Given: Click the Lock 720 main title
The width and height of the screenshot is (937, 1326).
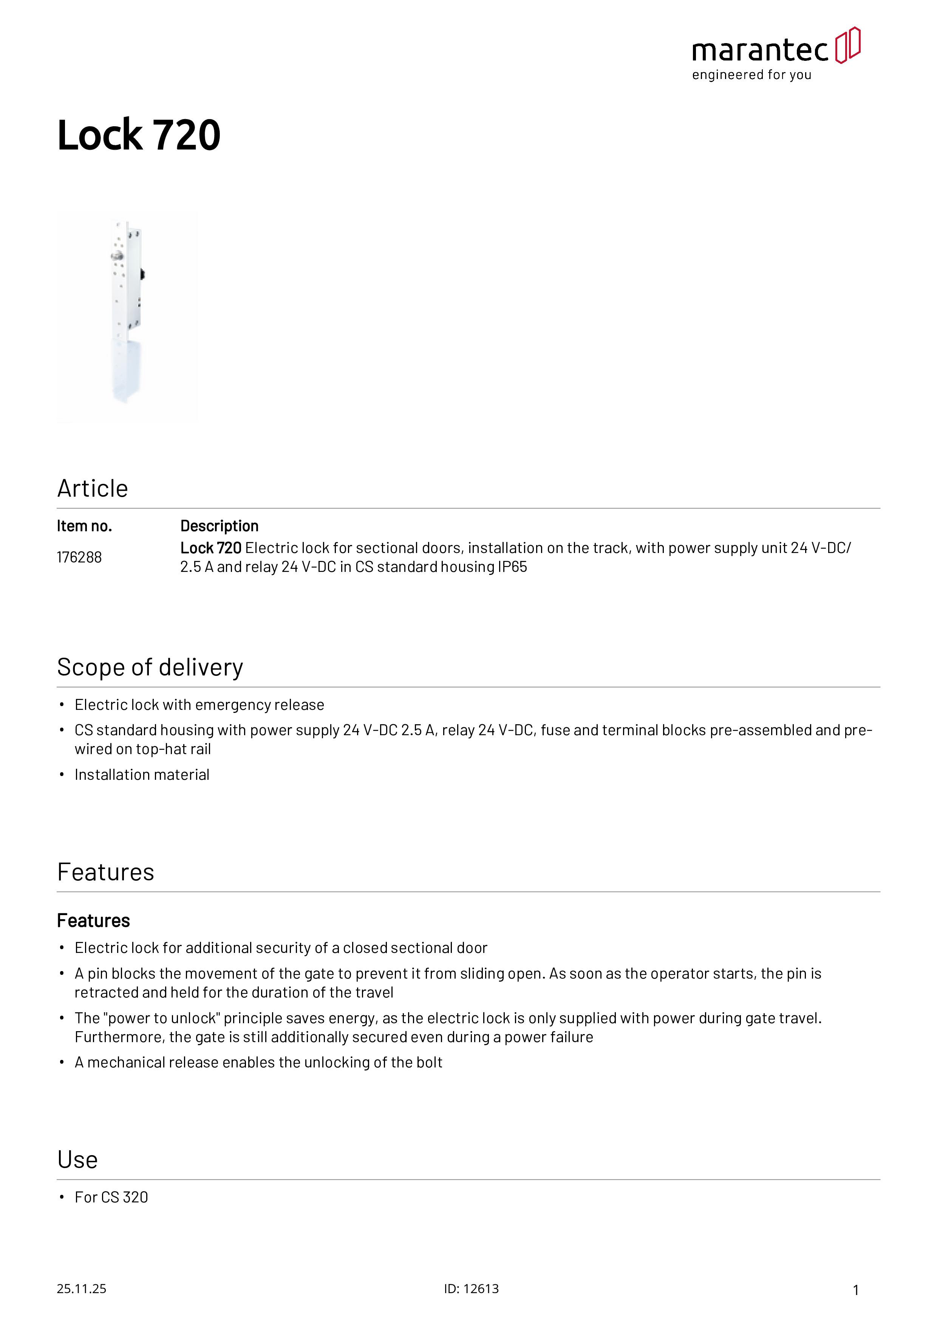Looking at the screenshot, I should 139,135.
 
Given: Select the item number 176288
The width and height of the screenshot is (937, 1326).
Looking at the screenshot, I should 79,557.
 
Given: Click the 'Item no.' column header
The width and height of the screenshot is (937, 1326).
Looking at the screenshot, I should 84,526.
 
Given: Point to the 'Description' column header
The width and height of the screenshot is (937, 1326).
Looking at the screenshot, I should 220,526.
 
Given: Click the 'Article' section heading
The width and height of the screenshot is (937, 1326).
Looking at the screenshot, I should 92,489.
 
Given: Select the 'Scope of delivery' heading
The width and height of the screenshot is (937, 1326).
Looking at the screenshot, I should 150,668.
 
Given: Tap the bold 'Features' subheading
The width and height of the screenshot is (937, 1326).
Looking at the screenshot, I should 94,920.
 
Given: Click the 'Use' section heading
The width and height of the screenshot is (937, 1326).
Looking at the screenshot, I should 77,1160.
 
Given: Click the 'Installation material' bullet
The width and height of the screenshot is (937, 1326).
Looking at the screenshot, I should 142,775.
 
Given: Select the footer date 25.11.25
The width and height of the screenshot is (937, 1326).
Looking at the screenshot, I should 81,1289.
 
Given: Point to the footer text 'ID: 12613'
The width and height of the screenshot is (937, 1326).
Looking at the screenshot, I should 471,1289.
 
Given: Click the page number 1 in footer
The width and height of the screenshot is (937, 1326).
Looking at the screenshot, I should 856,1290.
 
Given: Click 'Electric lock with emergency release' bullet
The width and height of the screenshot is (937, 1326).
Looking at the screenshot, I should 199,705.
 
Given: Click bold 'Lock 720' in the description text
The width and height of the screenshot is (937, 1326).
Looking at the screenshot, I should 211,548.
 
